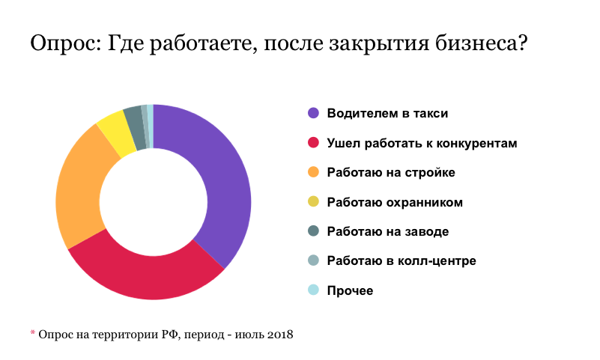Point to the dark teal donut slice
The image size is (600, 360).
coord(135,118)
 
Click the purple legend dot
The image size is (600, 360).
coord(313,113)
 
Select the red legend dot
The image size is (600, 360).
coord(313,143)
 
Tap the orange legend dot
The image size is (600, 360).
coord(313,172)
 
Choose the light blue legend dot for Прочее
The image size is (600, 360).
coord(313,290)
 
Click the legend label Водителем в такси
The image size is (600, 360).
coord(387,113)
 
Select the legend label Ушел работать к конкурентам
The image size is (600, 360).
coord(422,143)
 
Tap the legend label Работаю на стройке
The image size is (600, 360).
coord(391,172)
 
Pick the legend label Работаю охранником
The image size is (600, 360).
coord(395,202)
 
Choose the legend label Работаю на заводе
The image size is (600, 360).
coord(388,231)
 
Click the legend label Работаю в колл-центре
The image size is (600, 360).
coord(401,261)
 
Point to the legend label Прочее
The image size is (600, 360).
coord(350,290)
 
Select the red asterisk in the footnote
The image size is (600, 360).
coord(32,332)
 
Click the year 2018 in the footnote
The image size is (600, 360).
coord(279,334)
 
